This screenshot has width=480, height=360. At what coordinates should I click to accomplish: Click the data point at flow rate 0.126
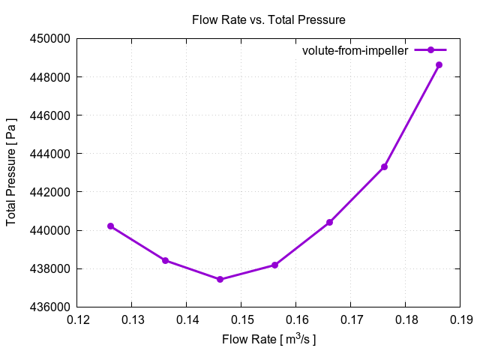coord(110,226)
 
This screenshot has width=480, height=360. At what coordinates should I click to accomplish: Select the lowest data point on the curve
coord(220,279)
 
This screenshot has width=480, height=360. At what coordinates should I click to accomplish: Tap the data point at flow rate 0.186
coord(439,64)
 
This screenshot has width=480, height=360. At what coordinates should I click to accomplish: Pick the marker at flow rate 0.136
coord(165,260)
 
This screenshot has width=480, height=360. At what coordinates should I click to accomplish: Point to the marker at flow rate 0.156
coord(274,265)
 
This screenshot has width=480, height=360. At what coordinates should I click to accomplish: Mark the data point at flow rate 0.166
coord(329,222)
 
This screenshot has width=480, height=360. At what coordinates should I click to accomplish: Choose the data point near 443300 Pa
coord(384,166)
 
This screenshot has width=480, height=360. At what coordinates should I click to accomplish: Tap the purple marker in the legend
coord(430,50)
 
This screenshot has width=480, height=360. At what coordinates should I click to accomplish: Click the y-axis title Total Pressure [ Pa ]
coord(11,172)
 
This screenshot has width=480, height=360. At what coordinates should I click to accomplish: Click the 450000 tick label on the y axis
coord(49,39)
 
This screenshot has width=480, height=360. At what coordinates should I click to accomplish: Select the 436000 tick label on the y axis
coord(49,307)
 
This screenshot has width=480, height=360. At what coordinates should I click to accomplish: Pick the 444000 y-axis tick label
coord(49,154)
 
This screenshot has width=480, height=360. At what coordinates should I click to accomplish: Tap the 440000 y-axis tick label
coord(49,230)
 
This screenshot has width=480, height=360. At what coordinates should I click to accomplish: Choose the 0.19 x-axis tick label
coord(460,321)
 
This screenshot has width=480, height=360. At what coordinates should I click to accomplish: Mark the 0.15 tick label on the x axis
coord(241,321)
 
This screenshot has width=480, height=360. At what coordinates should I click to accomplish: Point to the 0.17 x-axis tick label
coord(350,321)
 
